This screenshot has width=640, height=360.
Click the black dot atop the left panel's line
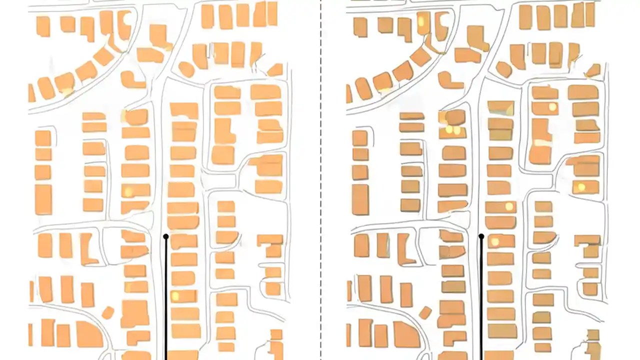(x=166, y=236)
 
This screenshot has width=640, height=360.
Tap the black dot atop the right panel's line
(x=481, y=236)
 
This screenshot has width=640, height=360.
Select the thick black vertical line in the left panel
(x=166, y=300)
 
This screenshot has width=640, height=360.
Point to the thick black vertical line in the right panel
(x=481, y=300)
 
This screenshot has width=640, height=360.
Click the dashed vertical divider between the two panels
(x=321, y=180)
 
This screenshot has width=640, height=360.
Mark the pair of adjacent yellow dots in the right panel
(x=452, y=130)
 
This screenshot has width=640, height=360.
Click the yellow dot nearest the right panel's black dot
(x=495, y=242)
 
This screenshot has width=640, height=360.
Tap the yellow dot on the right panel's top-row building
(x=421, y=21)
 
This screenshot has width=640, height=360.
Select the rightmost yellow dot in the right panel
(x=581, y=187)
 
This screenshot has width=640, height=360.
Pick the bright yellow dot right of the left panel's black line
(x=175, y=296)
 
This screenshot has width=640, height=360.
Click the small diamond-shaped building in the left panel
(x=108, y=313)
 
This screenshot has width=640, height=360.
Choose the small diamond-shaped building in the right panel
(x=425, y=313)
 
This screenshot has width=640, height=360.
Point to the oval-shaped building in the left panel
(x=186, y=69)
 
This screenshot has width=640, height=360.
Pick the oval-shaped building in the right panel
(x=503, y=69)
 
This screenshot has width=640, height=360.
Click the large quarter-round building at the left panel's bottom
(x=89, y=334)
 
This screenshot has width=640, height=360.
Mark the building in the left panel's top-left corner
(x=43, y=26)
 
